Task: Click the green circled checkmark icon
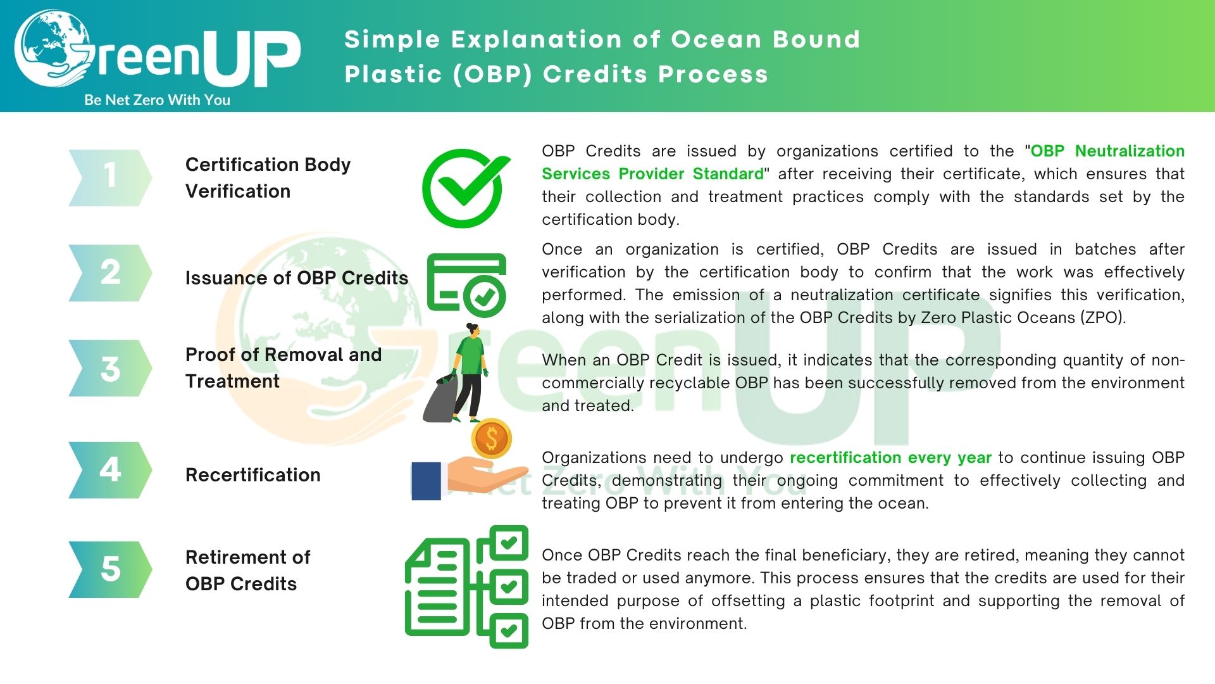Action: click(466, 188)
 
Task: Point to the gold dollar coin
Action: click(492, 438)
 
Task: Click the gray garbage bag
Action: click(444, 400)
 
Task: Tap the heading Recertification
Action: click(252, 475)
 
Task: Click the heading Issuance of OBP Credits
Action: click(296, 278)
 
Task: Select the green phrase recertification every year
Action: click(890, 457)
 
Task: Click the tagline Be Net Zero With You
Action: click(157, 100)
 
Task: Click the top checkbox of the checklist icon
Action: click(508, 543)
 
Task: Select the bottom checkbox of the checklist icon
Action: click(508, 630)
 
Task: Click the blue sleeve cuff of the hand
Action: click(426, 481)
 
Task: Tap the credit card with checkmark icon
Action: click(466, 284)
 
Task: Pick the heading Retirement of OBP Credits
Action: click(247, 570)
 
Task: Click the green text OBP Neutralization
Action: click(1107, 151)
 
